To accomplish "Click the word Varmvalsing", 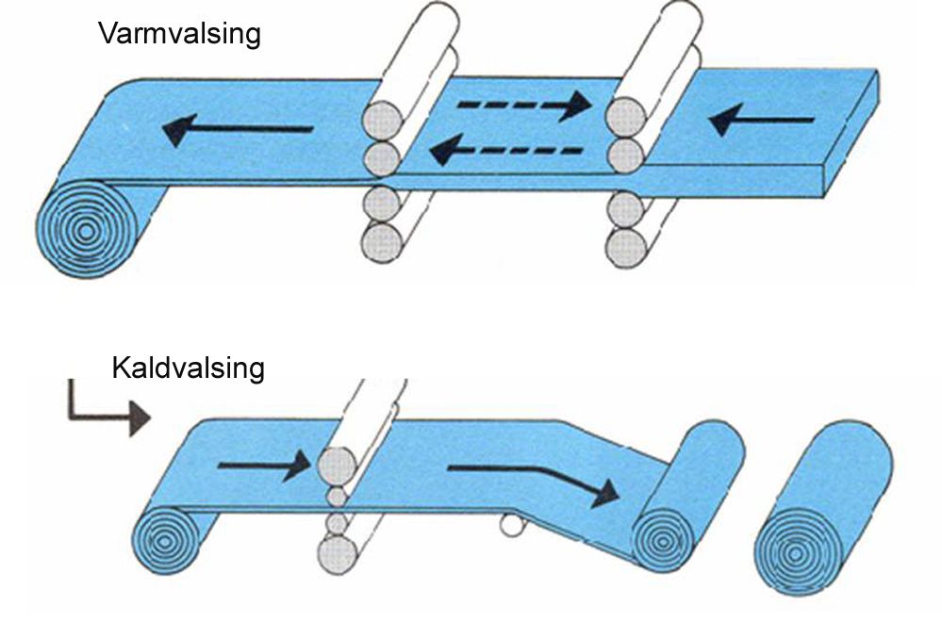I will coord(179,36).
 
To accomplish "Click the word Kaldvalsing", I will coord(188,368).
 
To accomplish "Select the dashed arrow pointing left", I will coord(497,148).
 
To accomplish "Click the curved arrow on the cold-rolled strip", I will coord(534,478).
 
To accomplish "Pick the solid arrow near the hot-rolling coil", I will coord(237,130).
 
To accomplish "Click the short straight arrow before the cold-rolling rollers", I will coord(263,464).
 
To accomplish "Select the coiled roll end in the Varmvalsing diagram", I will coord(86,228).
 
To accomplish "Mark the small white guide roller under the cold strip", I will coord(512,524).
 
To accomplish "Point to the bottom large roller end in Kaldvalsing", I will coord(338,552).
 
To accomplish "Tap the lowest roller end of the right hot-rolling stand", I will coord(626,247).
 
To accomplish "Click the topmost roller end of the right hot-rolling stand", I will coord(626,118).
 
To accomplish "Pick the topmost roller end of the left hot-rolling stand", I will coord(383,121).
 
